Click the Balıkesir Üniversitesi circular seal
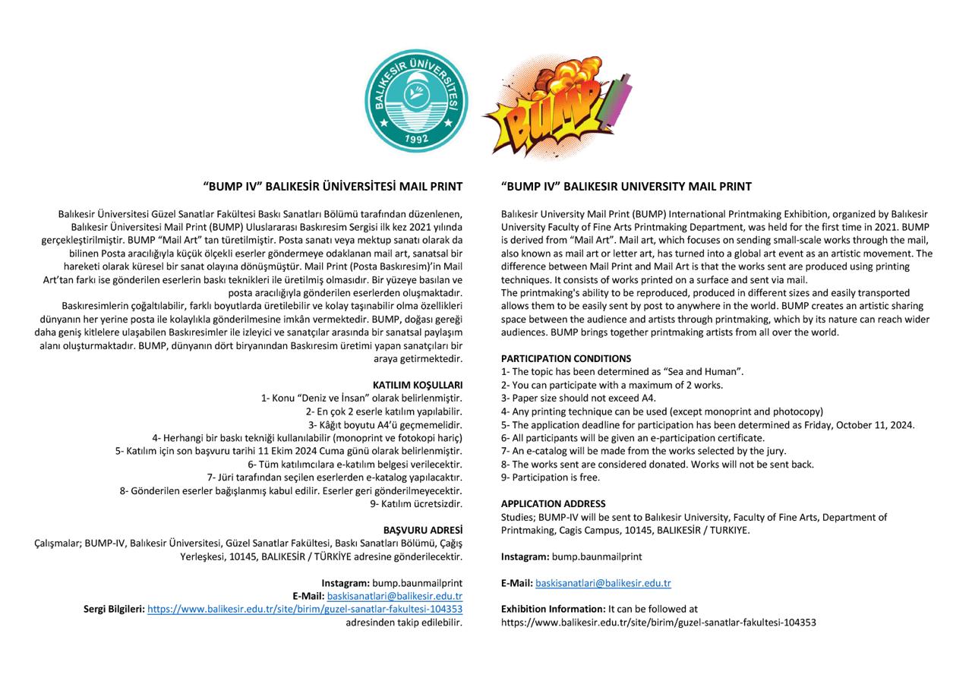[416, 101]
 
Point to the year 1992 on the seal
[417, 138]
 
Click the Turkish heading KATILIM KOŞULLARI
[417, 385]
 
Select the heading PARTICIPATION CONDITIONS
[566, 358]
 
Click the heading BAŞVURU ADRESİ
[422, 530]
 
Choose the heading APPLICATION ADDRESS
[553, 503]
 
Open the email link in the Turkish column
[394, 596]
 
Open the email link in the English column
[603, 583]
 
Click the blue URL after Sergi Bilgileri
[305, 609]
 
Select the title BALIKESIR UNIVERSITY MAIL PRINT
[626, 186]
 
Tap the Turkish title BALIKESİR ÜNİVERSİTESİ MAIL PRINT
[333, 186]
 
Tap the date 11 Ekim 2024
[292, 451]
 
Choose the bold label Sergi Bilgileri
[114, 609]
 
